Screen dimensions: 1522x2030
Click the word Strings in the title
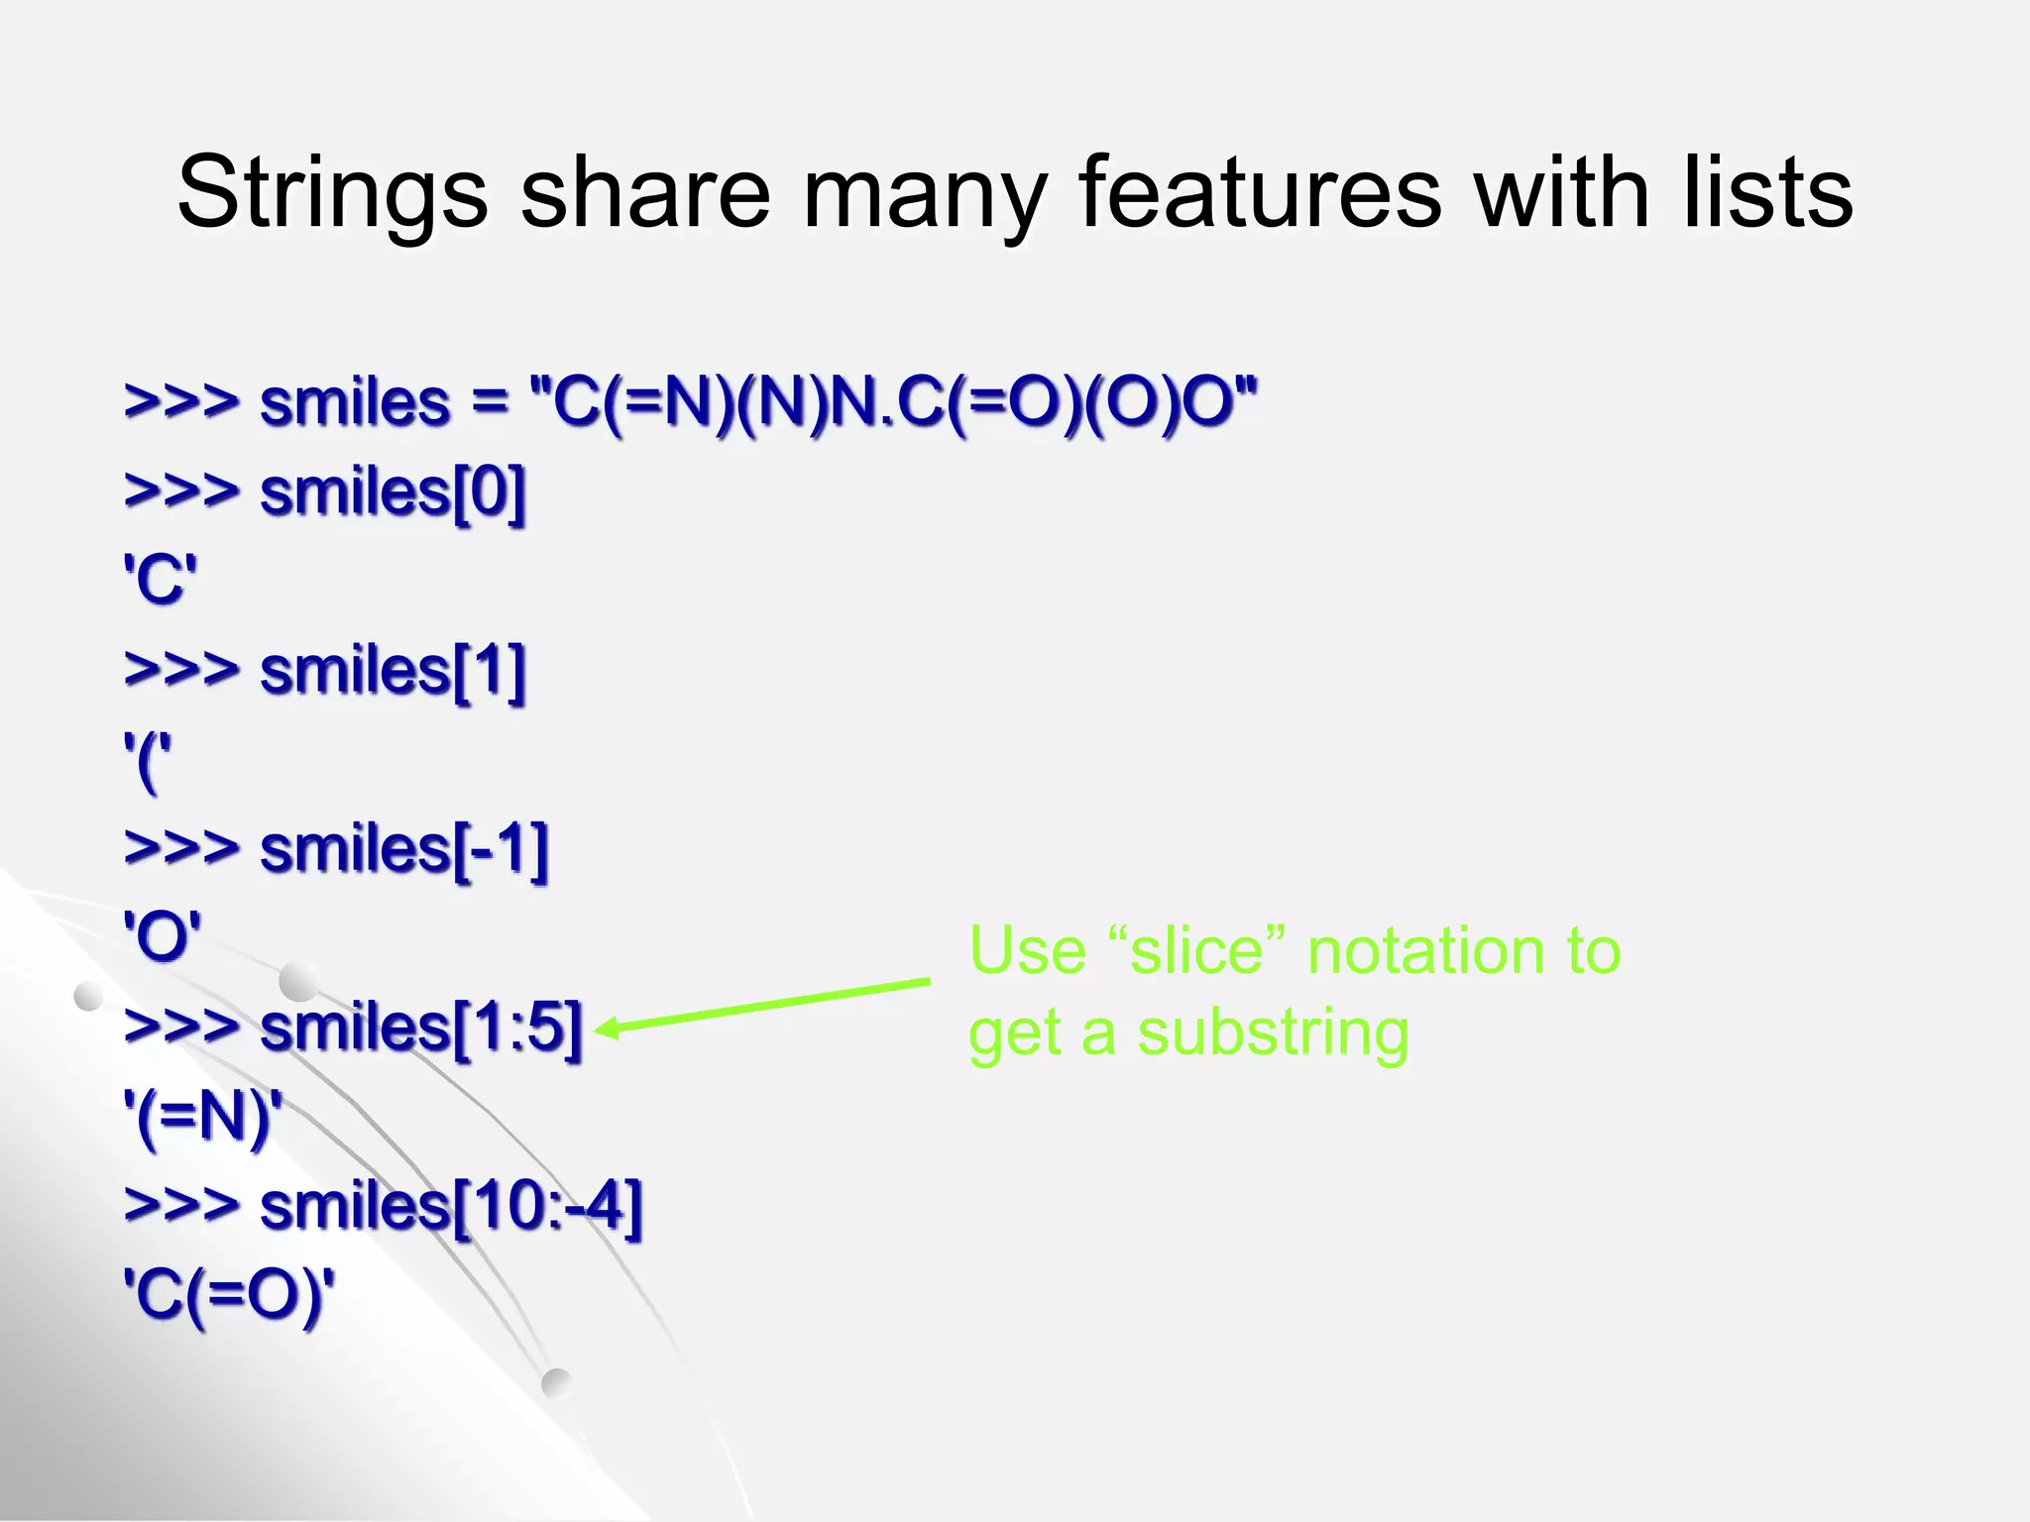(x=332, y=193)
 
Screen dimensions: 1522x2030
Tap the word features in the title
(x=1259, y=193)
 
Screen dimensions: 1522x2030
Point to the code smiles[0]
(x=392, y=492)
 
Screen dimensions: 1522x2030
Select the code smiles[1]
(x=392, y=671)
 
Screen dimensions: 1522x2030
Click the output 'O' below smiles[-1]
(x=163, y=936)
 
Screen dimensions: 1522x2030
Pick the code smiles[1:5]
(x=420, y=1028)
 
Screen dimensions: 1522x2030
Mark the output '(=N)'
(x=203, y=1118)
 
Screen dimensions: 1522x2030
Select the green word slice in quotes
(x=1196, y=951)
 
